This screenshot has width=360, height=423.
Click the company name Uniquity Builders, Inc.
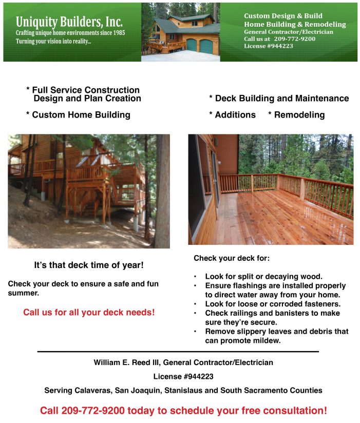pyautogui.click(x=69, y=22)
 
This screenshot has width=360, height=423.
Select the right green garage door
pyautogui.click(x=206, y=45)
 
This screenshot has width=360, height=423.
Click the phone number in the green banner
pyautogui.click(x=294, y=39)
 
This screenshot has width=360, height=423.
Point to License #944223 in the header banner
pyautogui.click(x=269, y=46)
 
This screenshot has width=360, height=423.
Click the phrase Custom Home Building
pyautogui.click(x=81, y=115)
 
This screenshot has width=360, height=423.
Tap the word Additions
pyautogui.click(x=235, y=115)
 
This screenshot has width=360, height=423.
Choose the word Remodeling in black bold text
pyautogui.click(x=299, y=115)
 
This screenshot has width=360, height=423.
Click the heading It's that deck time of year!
pyautogui.click(x=89, y=265)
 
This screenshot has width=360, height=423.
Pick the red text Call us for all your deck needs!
pyautogui.click(x=89, y=312)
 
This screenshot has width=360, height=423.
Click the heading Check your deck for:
pyautogui.click(x=232, y=258)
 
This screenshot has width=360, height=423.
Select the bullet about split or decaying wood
pyautogui.click(x=263, y=276)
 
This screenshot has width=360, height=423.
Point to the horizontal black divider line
pyautogui.click(x=178, y=352)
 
